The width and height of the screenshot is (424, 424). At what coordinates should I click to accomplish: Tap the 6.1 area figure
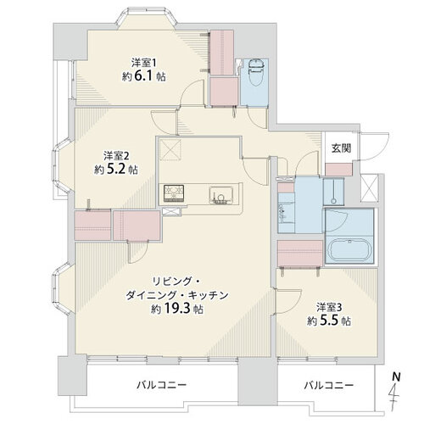coord(143,76)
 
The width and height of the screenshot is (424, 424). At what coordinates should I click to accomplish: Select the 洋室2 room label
coord(116,155)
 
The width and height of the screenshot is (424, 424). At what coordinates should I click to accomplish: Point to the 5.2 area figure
coord(115,170)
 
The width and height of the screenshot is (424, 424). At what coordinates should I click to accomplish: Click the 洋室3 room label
coord(329,307)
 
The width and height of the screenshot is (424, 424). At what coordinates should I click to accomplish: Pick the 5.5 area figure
coord(328,321)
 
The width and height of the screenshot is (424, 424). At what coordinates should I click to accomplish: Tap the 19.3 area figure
coord(176,309)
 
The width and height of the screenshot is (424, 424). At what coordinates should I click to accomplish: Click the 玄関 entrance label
coord(341,148)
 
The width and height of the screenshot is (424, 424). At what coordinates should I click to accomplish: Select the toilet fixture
coord(256,72)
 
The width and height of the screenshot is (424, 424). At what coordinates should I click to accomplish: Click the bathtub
coord(349,250)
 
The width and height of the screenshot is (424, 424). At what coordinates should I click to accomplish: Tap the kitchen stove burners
coord(174,193)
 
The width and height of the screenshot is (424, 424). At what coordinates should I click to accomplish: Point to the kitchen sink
coord(221,195)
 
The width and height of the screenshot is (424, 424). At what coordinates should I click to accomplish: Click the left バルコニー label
coord(162,385)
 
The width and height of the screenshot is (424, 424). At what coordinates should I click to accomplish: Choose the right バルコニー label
coord(329,385)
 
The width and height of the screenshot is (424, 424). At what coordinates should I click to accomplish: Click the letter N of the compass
coord(396,377)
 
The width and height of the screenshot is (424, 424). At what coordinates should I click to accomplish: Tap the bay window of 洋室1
coord(147,19)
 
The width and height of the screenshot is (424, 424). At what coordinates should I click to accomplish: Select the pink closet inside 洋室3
coord(300,254)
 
